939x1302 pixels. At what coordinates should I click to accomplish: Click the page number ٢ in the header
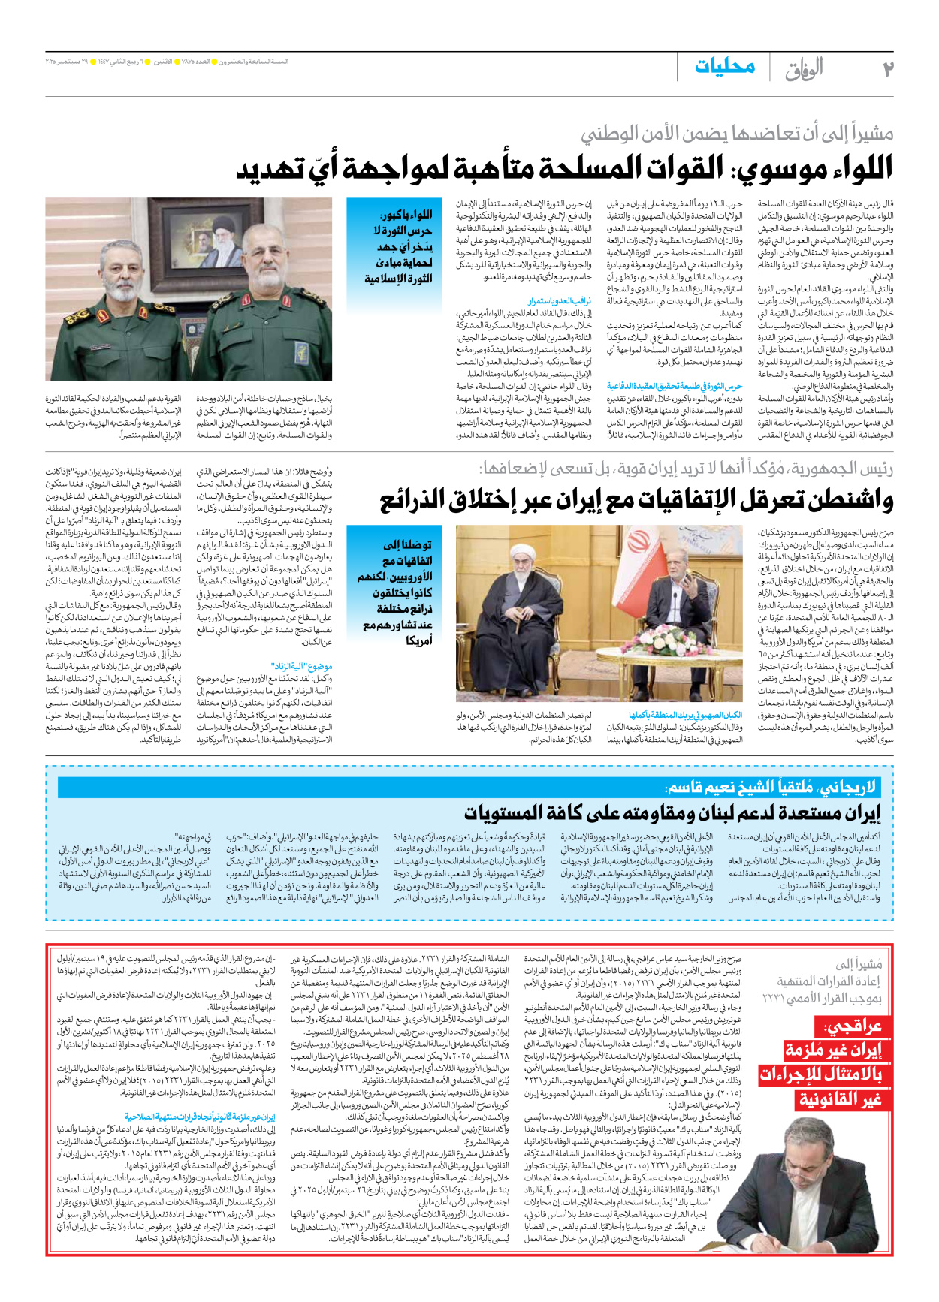tap(886, 68)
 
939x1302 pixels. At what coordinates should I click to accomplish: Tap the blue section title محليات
tap(724, 66)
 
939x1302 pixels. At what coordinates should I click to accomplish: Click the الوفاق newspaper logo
tap(804, 69)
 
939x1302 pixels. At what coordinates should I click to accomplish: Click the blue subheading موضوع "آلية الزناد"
tap(301, 666)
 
